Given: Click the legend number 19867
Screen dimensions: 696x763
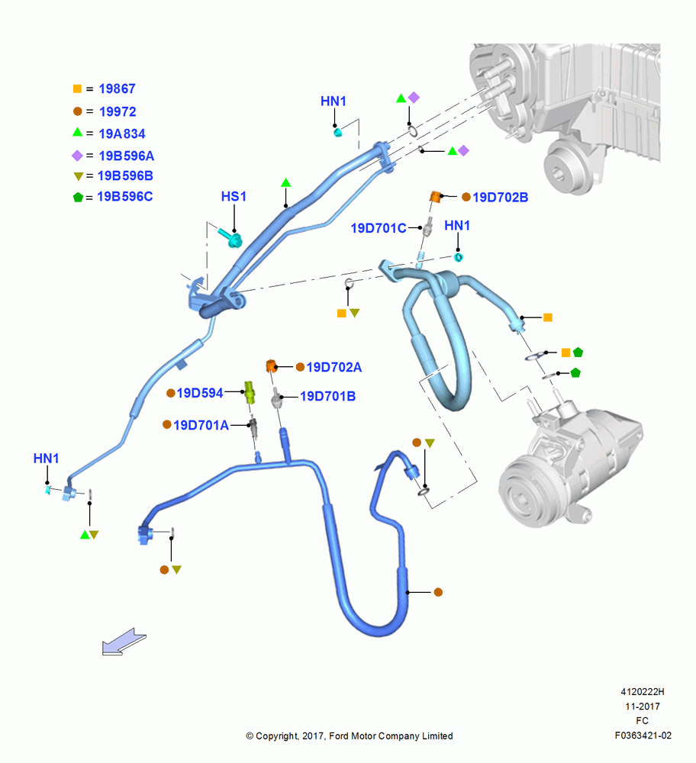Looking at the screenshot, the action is coord(117,89).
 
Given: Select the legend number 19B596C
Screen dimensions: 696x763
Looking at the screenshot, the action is coord(124,197).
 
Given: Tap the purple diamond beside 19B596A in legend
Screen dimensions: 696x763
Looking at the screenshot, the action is coord(77,156).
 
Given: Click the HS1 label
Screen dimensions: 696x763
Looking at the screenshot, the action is coord(234,197).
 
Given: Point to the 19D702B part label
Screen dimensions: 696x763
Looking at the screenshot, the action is coord(501,198).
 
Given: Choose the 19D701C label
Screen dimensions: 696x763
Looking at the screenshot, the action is coord(379,228).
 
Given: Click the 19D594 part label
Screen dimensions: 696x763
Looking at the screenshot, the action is coord(199,393).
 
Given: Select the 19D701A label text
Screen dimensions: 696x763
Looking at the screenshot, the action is coord(201,425).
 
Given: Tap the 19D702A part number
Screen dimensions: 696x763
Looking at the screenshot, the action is coord(334,368).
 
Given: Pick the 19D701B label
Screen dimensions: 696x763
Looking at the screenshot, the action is coord(327,397).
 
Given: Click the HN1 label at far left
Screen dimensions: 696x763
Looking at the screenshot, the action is coord(46,459).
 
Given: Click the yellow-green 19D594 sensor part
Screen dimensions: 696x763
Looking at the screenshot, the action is coord(250,392).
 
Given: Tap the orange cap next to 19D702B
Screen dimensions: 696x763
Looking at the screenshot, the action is coord(435,197).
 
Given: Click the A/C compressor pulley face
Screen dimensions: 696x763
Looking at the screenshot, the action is coord(524,492).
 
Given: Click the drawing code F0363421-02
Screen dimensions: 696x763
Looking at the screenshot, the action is coord(643,736).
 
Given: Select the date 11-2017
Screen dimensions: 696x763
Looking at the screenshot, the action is coord(643,707).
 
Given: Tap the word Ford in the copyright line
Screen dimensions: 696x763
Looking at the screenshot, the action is coord(339,736).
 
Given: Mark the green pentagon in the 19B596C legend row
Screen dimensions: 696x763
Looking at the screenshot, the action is coord(78,197).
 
